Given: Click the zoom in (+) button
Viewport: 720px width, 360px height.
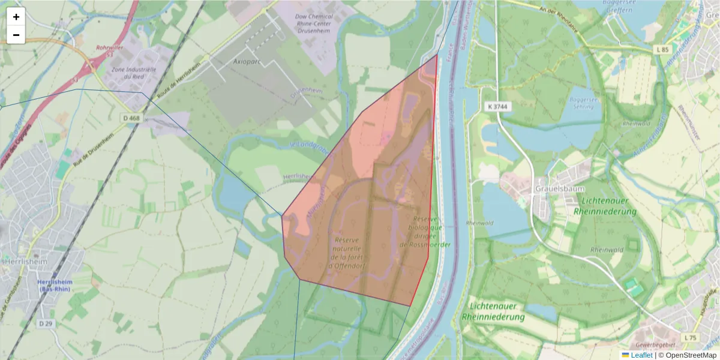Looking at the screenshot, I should coord(16,17).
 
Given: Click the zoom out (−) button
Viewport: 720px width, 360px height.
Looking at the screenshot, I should coord(16,35).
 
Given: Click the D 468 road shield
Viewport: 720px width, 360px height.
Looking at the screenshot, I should coord(131,118).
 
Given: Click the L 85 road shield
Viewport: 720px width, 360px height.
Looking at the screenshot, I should coord(662,49).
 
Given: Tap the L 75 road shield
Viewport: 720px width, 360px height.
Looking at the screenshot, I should coord(691,338).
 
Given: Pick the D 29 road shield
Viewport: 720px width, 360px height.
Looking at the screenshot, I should coord(46,323).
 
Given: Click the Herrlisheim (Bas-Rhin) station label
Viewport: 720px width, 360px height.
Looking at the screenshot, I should coord(54,285).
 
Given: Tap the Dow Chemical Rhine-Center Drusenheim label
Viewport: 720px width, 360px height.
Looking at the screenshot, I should coord(310,24).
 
